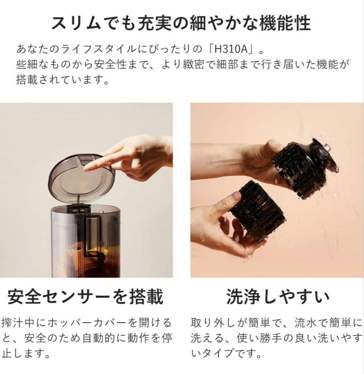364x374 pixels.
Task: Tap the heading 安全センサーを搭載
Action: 85,297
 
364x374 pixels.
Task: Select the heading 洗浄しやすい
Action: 277,297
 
